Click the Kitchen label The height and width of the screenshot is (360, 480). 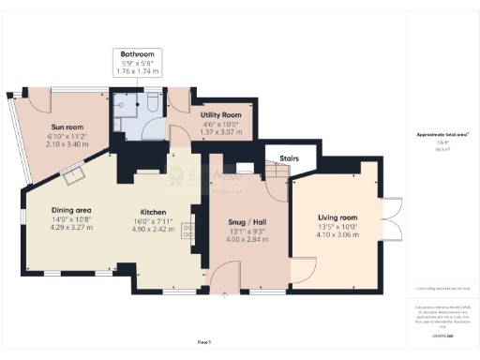click(154, 212)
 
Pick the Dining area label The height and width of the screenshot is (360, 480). click(70, 209)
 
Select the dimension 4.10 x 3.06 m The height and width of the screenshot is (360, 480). click(337, 234)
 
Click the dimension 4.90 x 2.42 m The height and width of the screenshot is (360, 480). click(154, 229)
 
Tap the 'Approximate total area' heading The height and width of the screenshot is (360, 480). click(442, 135)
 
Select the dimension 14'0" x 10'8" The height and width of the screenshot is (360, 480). click(70, 218)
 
